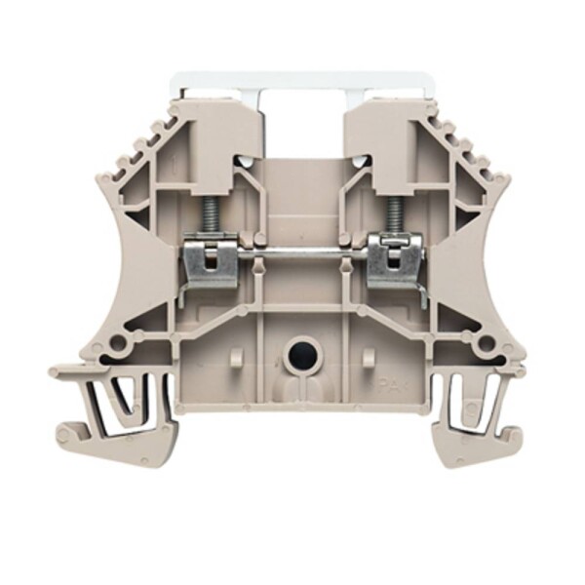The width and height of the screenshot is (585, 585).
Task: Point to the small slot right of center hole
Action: pos(367,357)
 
